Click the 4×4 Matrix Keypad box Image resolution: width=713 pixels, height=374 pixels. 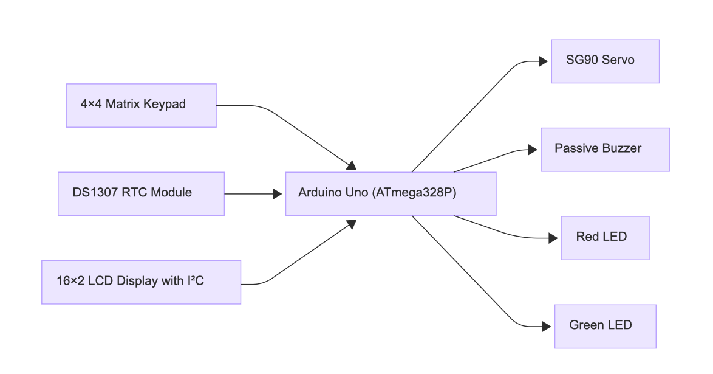[x=141, y=105]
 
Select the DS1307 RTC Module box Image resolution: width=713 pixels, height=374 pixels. [x=141, y=193]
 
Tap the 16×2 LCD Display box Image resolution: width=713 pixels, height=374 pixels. [x=141, y=282]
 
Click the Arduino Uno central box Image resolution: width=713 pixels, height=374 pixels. [x=391, y=193]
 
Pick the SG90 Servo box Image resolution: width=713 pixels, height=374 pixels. [x=605, y=61]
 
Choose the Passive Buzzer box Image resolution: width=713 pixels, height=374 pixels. [x=605, y=149]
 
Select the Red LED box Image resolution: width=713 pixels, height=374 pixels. [x=605, y=238]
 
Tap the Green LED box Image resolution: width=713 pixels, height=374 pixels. [x=605, y=326]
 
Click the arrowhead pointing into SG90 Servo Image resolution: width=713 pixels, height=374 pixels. [x=544, y=61]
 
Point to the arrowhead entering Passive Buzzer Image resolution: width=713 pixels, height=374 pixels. [x=533, y=150]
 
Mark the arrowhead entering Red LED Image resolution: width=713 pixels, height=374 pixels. [x=553, y=238]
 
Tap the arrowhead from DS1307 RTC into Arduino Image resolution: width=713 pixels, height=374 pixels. [x=278, y=194]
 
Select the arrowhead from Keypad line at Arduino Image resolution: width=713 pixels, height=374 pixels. [x=351, y=165]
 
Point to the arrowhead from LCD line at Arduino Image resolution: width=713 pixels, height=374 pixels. [x=351, y=223]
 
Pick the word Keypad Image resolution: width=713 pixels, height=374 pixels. [x=165, y=105]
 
